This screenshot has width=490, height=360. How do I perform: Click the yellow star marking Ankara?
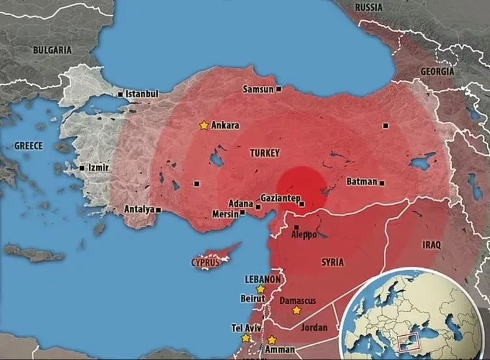pos(204,125)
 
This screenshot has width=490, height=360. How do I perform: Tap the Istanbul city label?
pos(142,94)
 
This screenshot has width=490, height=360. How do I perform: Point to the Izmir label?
pos(98,168)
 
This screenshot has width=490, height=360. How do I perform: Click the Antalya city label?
pos(138,209)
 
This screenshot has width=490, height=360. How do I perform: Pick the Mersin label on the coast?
pos(225,214)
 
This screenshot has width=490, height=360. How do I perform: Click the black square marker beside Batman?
pos(382,183)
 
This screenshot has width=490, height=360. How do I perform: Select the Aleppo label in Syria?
pos(304,233)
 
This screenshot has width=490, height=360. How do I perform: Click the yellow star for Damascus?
pos(296,310)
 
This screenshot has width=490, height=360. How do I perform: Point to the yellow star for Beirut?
pos(261,288)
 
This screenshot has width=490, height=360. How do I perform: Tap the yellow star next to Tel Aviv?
pos(246,338)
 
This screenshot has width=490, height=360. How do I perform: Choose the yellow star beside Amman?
pos(272,340)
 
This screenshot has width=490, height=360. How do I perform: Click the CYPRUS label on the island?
pos(205,263)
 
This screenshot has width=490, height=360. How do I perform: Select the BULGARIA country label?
pos(54,49)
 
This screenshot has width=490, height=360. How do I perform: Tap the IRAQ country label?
pos(431,245)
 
